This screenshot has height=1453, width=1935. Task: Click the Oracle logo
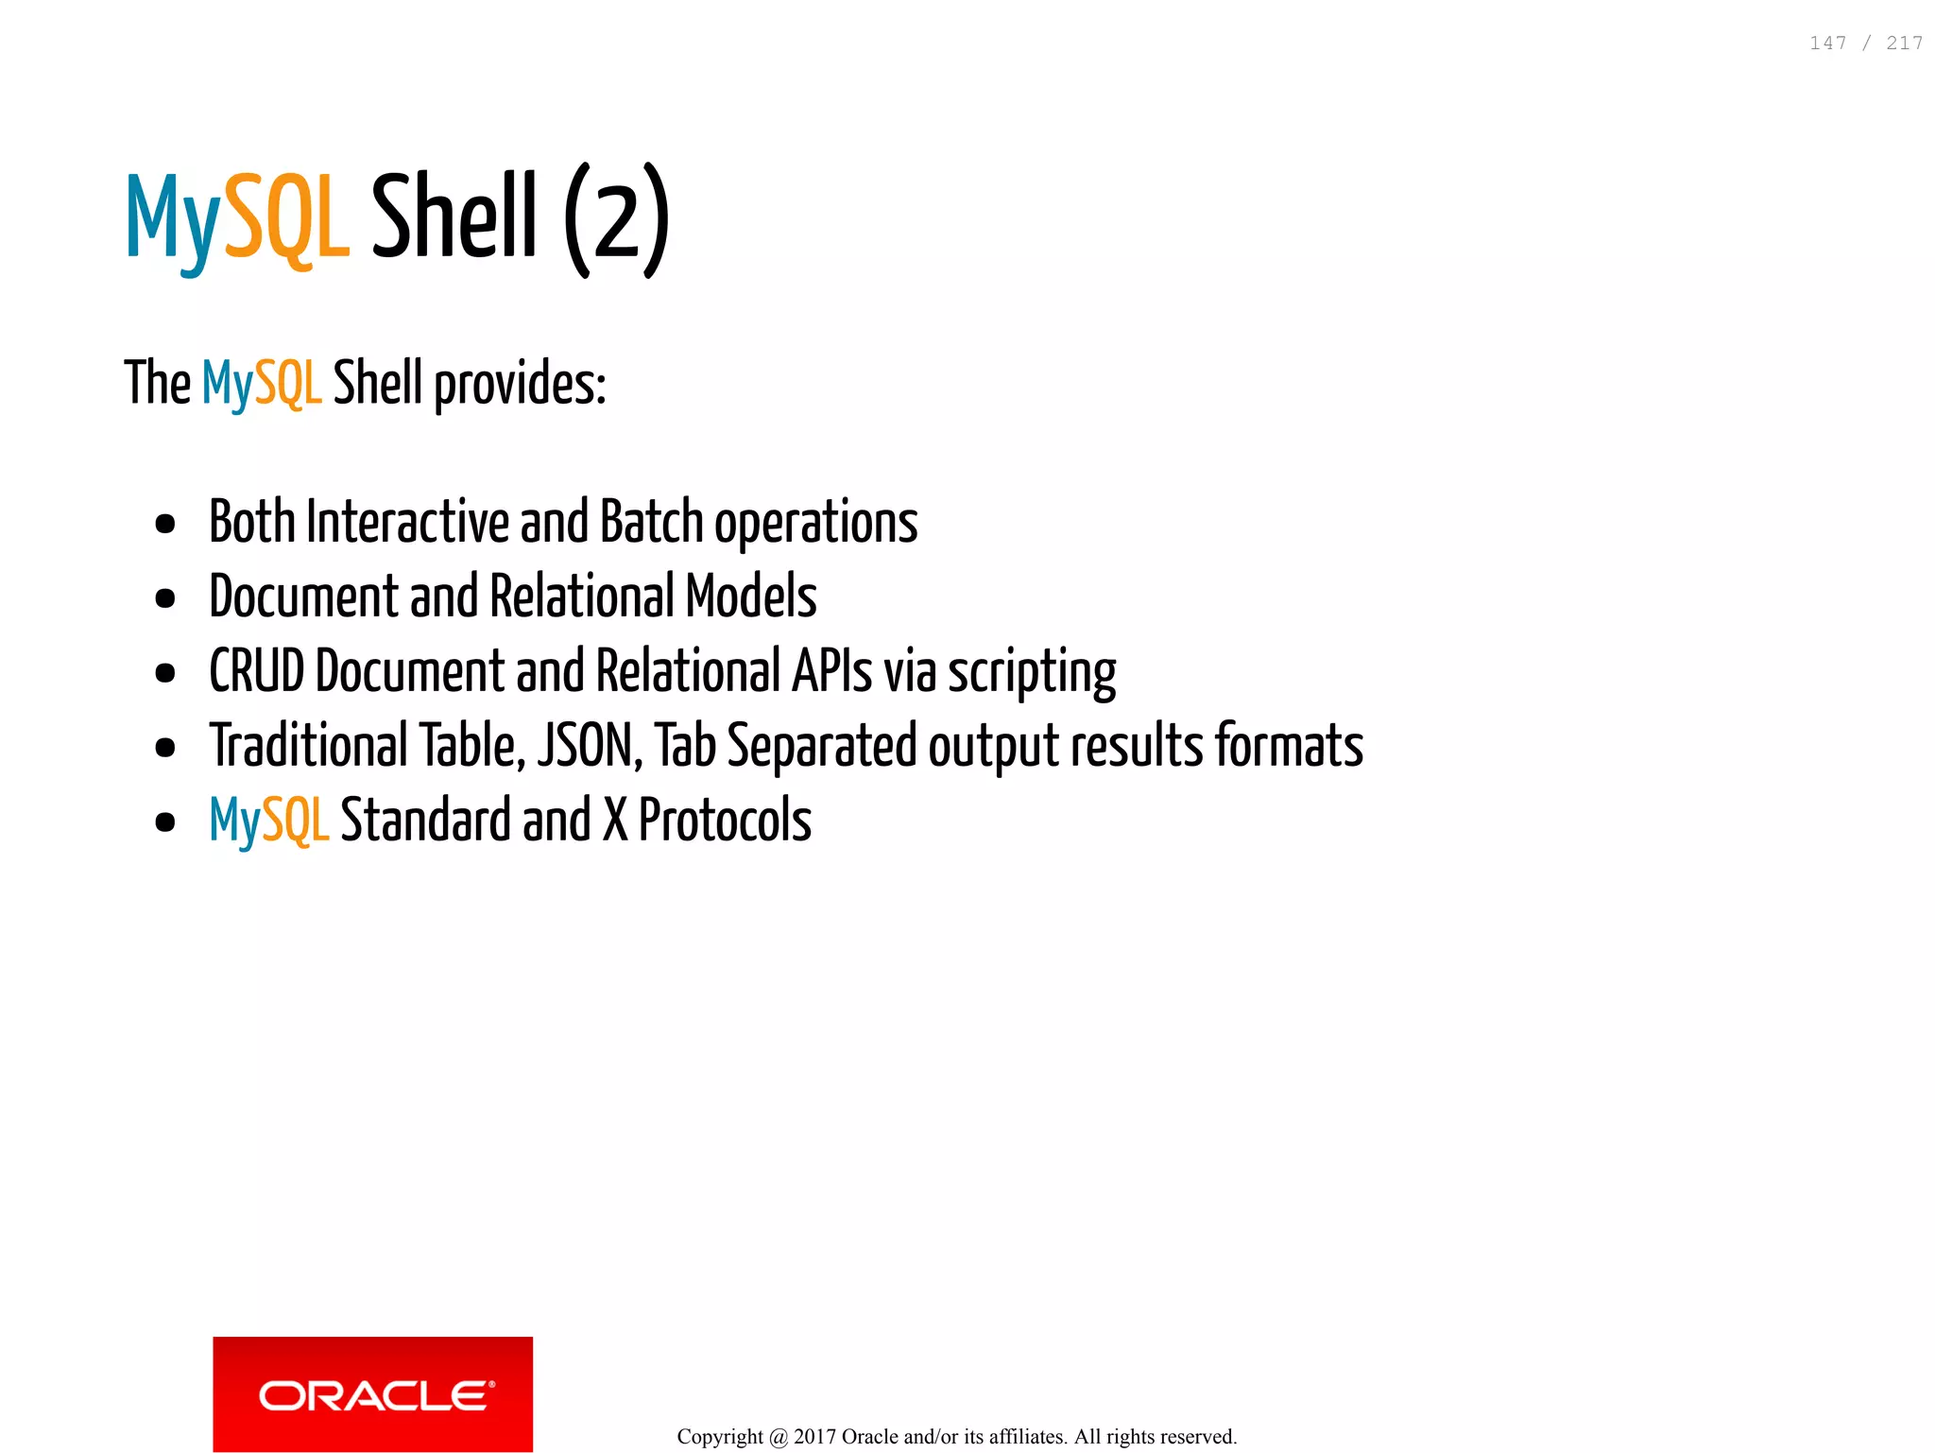click(373, 1393)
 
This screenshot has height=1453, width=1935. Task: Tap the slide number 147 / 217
click(1865, 43)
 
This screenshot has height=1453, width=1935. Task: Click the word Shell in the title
click(454, 216)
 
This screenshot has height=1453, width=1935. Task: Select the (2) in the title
click(617, 219)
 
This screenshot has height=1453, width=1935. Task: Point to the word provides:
click(520, 385)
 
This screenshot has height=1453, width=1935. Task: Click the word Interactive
click(407, 522)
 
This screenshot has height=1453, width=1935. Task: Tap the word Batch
click(651, 522)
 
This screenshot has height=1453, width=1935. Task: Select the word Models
click(751, 597)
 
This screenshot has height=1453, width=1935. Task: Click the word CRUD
click(256, 671)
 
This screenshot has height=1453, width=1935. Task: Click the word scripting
click(1032, 673)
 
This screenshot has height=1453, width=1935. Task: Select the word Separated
click(821, 747)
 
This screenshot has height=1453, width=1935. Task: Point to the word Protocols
click(725, 820)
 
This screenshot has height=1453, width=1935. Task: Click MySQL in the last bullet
click(268, 821)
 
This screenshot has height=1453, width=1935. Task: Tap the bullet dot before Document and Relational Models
click(165, 598)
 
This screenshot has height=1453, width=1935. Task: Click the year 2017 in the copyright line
click(814, 1437)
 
